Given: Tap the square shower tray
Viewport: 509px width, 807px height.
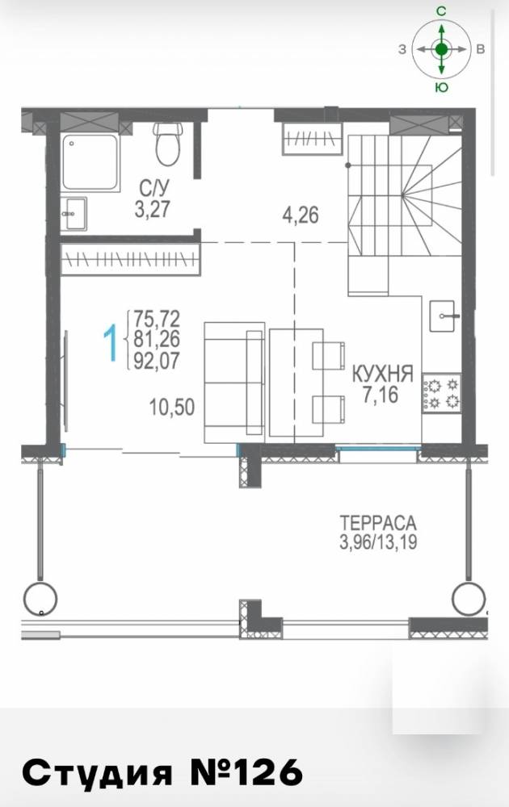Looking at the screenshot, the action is click(x=90, y=162).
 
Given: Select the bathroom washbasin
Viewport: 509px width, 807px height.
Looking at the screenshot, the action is click(x=74, y=214).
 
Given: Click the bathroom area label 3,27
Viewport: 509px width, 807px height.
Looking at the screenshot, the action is click(x=152, y=210).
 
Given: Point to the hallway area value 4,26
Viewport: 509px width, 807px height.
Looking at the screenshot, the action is click(x=301, y=214).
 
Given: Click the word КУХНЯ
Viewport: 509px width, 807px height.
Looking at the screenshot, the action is click(x=383, y=374).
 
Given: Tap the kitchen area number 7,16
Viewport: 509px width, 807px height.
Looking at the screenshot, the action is click(x=381, y=395).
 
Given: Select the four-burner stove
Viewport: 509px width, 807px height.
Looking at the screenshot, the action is click(x=441, y=393).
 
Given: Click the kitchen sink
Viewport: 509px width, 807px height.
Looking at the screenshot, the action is click(x=443, y=316).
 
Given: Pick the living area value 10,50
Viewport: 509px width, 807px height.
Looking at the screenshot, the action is click(x=172, y=407).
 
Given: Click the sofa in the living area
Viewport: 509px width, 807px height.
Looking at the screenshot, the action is click(x=234, y=383).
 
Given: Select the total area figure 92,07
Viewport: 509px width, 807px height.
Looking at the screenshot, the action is click(x=157, y=361).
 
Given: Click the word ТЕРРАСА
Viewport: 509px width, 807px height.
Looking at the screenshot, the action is click(x=378, y=523).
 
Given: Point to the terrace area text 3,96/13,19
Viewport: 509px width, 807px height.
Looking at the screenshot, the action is click(x=378, y=542).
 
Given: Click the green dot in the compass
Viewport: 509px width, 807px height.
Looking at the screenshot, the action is click(x=441, y=49).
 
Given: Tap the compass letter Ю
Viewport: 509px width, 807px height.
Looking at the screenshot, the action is click(x=441, y=87).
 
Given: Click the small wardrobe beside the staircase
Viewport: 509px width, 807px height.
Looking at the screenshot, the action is click(x=312, y=139).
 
